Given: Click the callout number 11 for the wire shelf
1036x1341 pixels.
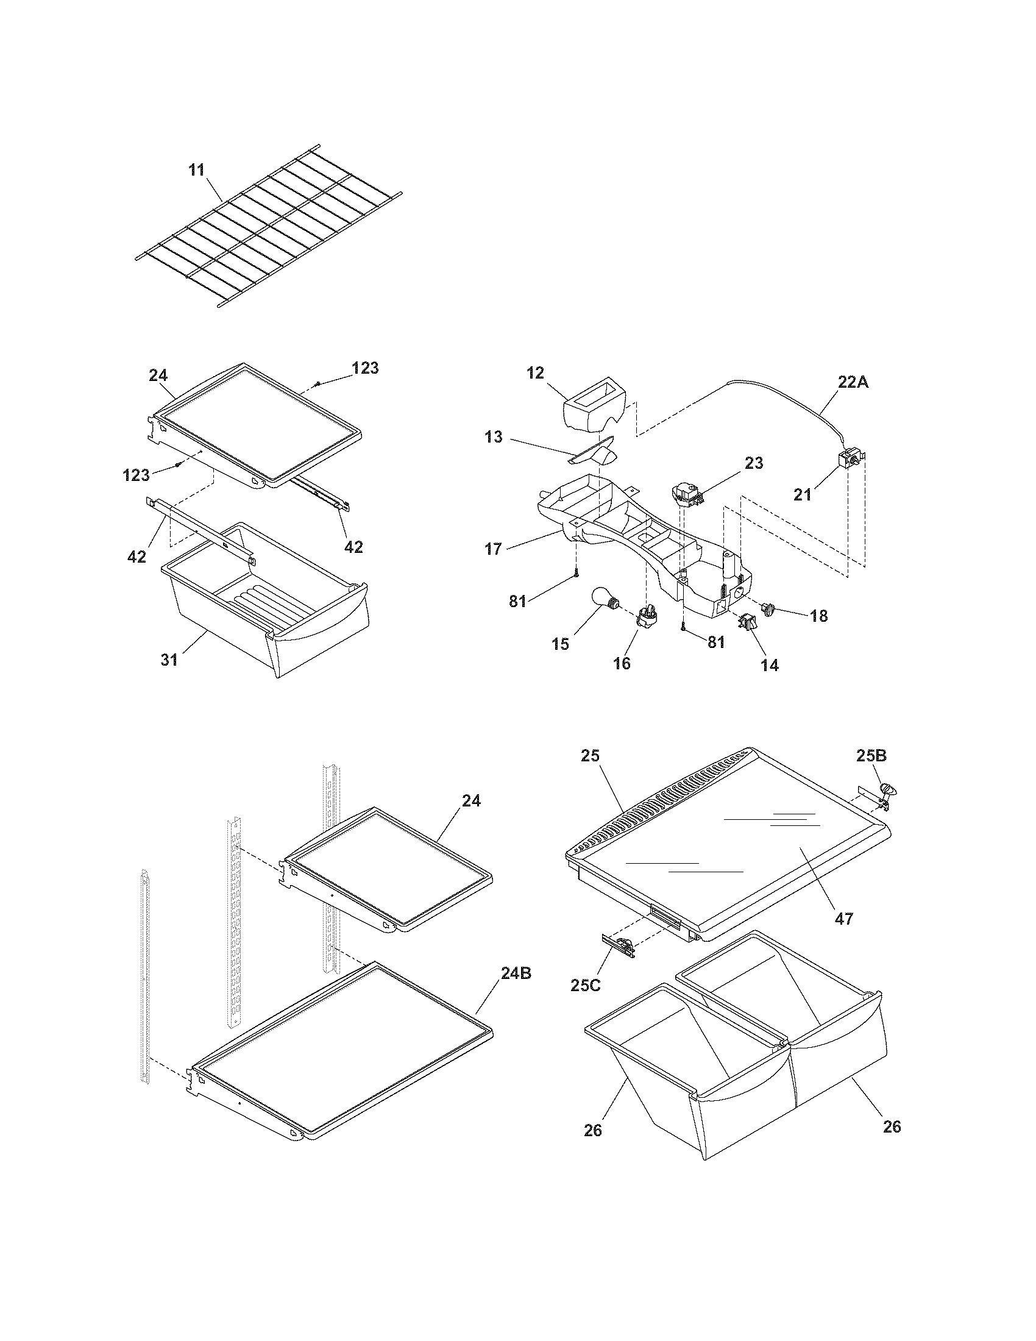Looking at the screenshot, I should click(x=196, y=170).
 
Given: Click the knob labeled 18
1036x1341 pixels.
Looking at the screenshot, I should click(x=768, y=608).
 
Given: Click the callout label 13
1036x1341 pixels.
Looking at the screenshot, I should click(x=493, y=437).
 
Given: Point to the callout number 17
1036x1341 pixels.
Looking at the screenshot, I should click(x=494, y=549).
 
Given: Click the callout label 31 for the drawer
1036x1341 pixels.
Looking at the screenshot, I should click(x=169, y=660).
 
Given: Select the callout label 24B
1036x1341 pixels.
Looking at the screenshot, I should click(x=516, y=973).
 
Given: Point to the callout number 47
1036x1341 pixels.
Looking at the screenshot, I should click(x=845, y=919).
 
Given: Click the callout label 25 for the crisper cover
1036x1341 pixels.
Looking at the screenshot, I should click(x=591, y=756).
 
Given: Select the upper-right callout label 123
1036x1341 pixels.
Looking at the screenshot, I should click(x=365, y=368).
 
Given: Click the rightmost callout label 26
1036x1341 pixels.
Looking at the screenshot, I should click(x=892, y=1126).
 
